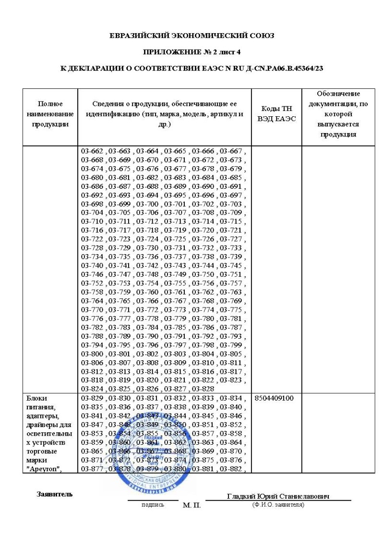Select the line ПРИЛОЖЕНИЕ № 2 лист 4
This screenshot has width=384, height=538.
[x=192, y=51]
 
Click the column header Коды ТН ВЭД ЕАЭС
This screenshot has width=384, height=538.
[x=276, y=113]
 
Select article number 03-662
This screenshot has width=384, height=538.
[x=92, y=151]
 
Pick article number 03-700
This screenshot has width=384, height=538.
[x=146, y=204]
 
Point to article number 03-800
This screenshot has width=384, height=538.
[x=92, y=354]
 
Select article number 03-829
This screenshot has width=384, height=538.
[x=92, y=399]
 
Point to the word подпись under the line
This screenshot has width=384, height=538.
[x=153, y=505]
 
